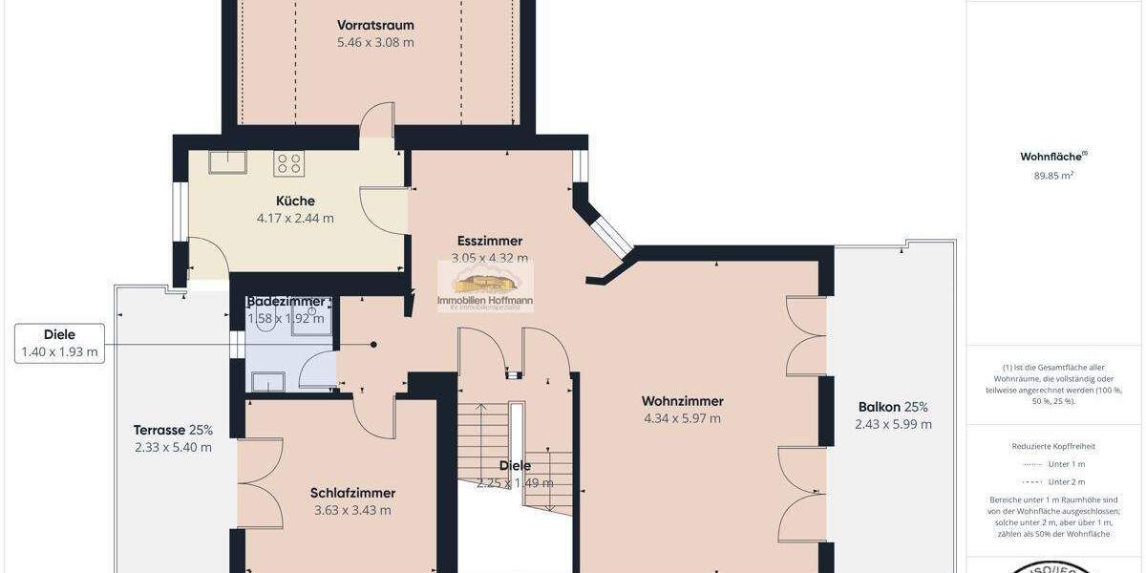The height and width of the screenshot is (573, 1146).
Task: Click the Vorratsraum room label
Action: pos(375,25)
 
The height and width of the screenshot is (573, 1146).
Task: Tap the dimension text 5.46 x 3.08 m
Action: pos(375,43)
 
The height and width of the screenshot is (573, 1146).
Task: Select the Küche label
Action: pos(295,201)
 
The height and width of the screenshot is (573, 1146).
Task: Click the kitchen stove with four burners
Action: pos(288,163)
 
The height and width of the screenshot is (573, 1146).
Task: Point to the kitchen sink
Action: pos(228,162)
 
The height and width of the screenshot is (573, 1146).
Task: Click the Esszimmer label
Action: pos(489,241)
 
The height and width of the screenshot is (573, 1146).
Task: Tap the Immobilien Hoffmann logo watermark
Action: pos(485,286)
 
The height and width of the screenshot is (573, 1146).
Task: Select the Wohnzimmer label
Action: pos(682,401)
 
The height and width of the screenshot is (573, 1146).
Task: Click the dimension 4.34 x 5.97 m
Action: pos(682,418)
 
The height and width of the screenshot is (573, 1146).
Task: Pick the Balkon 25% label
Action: pos(893,407)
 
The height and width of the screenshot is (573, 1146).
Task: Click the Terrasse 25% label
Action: pos(174,430)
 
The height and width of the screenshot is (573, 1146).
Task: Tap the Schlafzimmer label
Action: pos(352,493)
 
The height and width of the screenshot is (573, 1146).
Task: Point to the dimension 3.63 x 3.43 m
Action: pos(352,510)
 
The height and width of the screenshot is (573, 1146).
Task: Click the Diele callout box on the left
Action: pos(59,343)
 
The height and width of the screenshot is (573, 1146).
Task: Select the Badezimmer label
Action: pos(286,301)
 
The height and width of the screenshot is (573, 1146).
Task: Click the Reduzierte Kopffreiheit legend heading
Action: pos(1053,446)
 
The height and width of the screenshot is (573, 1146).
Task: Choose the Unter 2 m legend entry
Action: pos(1066,482)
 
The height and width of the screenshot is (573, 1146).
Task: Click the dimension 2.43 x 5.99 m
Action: pos(893,425)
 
